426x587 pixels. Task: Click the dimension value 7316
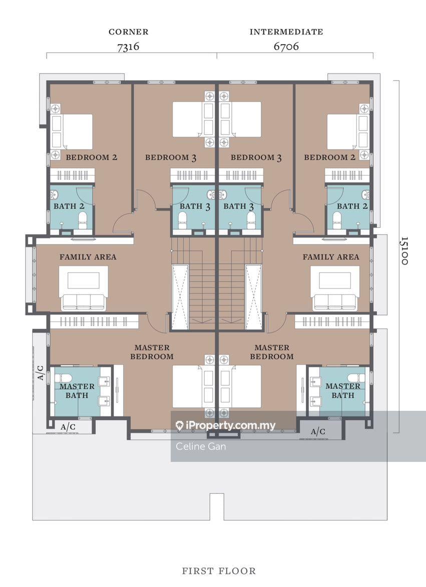128,47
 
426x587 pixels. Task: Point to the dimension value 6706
286,47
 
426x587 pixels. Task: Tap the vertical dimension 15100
404,251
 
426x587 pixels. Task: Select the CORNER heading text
129,32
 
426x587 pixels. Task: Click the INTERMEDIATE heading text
286,32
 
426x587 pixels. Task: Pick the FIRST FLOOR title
219,570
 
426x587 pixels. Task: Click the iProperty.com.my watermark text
230,426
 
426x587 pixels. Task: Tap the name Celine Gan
201,446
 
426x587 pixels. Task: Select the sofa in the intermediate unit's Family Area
334,301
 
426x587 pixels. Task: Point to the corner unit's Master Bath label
77,391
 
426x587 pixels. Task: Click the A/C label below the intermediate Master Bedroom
318,431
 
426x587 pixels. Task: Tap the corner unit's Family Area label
88,257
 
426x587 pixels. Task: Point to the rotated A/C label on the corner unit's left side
40,372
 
